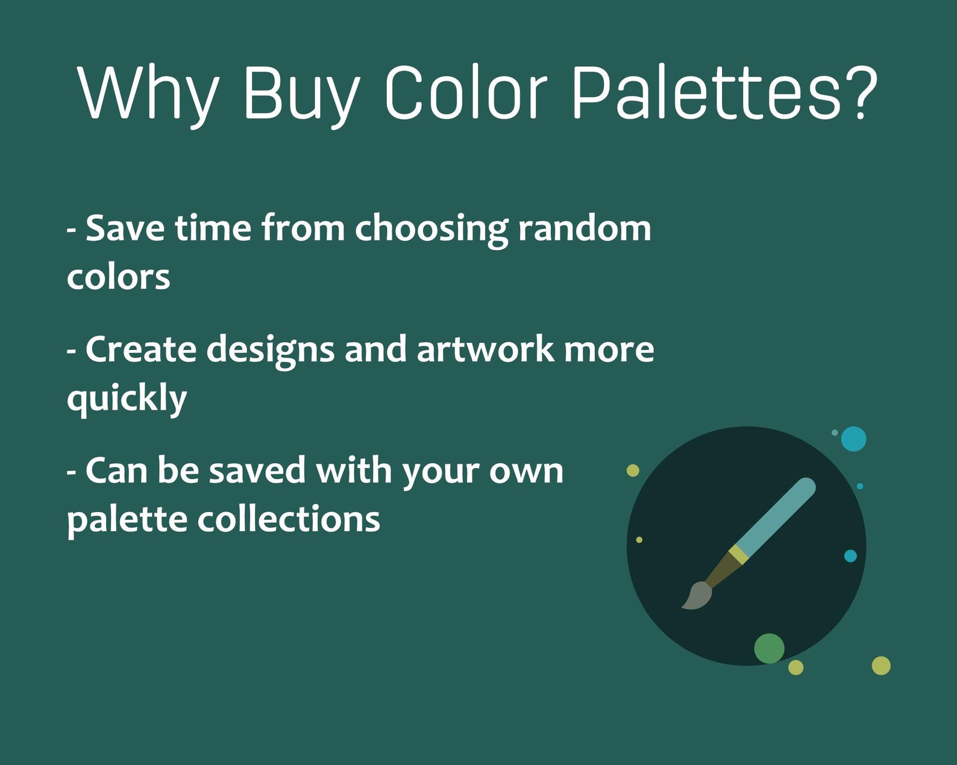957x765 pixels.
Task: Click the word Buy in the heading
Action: pos(301,93)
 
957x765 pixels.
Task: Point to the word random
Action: pos(584,228)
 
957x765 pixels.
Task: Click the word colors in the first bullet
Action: pos(118,278)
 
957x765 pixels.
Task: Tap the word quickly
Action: pos(127,399)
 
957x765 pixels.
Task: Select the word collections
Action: pos(289,519)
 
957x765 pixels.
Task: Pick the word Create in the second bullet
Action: pos(141,349)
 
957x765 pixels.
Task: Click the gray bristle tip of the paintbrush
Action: pos(697,595)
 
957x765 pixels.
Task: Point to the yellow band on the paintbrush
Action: pos(739,554)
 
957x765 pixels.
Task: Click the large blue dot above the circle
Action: pos(853,439)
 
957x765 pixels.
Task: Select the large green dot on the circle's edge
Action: pos(769,648)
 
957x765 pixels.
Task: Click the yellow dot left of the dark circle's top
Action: pos(633,470)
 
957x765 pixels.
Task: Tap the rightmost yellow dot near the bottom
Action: pos(881,666)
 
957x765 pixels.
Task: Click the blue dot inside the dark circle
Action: pos(850,555)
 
